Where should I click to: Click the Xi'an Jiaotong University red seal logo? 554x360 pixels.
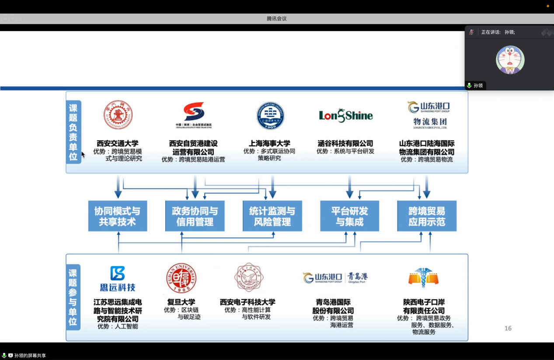coord(118,115)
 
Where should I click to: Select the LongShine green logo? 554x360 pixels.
coord(345,115)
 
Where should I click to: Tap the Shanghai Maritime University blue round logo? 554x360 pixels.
coord(270,116)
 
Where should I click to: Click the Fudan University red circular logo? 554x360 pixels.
coord(181,278)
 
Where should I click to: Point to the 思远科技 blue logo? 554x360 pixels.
coord(118,278)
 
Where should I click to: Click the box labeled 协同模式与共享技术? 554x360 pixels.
coord(118,216)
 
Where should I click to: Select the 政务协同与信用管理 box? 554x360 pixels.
coord(195,216)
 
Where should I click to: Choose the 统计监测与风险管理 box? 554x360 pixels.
coord(272,216)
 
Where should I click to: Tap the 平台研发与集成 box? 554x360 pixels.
coord(349,216)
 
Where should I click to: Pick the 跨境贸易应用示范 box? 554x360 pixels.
coord(427,216)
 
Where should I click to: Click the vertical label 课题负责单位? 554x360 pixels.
coord(73,132)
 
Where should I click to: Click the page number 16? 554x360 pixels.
coord(508,328)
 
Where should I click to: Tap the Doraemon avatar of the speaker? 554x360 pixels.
coord(510,60)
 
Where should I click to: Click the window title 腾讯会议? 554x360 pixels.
coord(277,19)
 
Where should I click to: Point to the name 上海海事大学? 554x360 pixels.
coord(269,143)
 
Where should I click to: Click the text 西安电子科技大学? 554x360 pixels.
coord(247,302)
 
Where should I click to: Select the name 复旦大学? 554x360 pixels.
coord(181,302)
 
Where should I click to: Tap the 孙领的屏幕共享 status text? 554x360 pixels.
coord(30,356)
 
